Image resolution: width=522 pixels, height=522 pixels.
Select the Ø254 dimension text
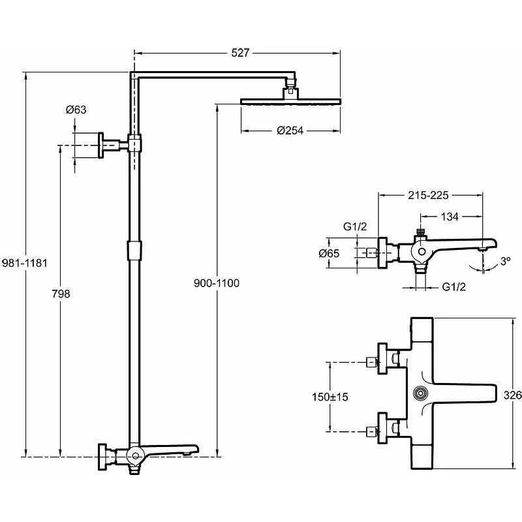click(290, 130)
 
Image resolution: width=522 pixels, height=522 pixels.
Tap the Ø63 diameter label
click(76, 110)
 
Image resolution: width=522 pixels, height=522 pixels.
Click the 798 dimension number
click(60, 294)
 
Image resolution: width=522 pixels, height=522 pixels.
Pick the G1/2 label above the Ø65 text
click(356, 226)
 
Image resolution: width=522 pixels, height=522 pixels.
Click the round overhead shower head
click(290, 100)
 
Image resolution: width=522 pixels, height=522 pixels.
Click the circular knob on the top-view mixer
click(422, 393)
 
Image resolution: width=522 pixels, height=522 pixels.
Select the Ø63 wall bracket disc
click(102, 145)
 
